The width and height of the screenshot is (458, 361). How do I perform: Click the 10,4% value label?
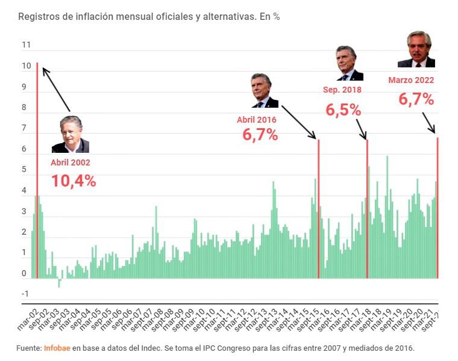click(73, 180)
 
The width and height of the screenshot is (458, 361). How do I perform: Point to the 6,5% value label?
click(343, 110)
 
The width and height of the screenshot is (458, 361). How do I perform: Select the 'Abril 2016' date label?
click(257, 120)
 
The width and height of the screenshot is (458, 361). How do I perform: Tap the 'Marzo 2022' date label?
click(411, 79)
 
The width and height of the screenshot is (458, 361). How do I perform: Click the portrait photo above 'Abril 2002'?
click(71, 134)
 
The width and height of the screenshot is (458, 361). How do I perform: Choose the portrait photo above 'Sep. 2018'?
click(350, 63)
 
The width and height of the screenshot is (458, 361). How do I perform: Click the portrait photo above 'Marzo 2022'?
click(416, 49)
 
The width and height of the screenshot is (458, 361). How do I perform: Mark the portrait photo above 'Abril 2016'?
click(265, 91)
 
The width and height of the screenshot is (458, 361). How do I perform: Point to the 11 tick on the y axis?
click(26, 45)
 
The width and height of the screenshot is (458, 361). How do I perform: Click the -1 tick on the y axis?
click(25, 294)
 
